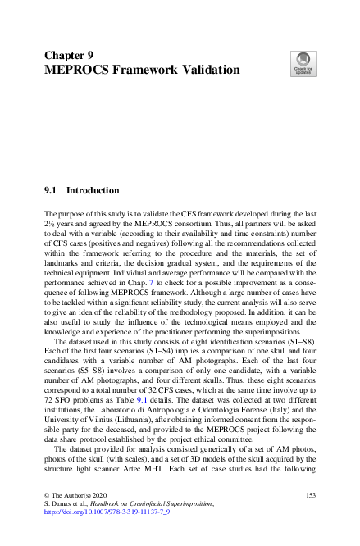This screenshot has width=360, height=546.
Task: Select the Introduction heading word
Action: coord(93,190)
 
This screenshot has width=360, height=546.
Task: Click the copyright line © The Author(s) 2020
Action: coord(76,496)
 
